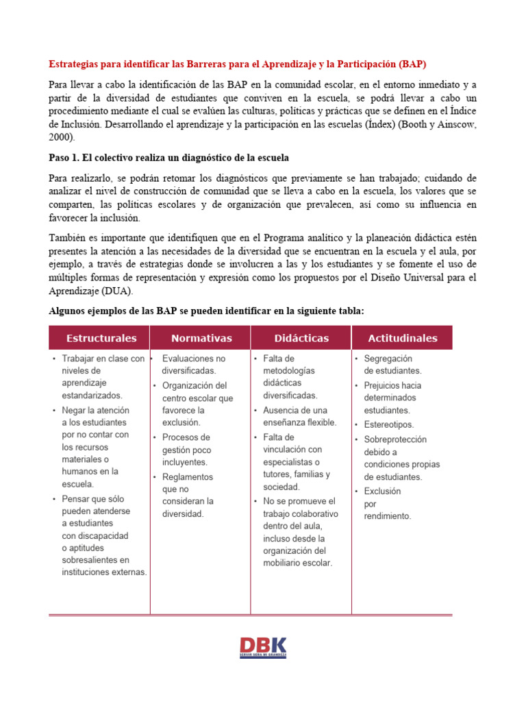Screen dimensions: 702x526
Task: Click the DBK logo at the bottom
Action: coord(263,646)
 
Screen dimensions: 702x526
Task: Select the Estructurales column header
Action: coord(101,338)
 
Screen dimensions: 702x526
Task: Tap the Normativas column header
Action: coord(201,338)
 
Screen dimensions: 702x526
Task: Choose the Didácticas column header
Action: coord(301,338)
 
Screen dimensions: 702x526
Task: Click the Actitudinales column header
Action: coord(402,338)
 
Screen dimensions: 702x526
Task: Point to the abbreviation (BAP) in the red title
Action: coord(412,64)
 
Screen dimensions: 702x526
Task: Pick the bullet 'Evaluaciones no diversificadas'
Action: coord(194,364)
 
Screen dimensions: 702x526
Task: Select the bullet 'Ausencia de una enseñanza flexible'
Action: coord(300,416)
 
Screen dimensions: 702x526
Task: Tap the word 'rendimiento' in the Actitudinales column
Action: coord(388,516)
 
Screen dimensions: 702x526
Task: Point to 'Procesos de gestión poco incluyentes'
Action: coord(187,450)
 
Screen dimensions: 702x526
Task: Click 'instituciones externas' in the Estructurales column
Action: coord(104,572)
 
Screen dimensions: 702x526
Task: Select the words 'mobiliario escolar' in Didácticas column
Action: coord(297,563)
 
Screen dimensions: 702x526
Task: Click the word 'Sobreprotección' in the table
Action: coord(395,439)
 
